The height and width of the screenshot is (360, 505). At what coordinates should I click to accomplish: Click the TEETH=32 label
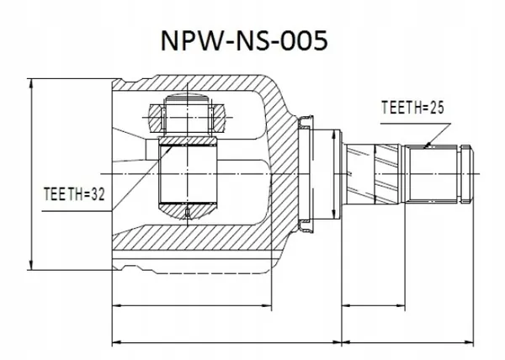(x=73, y=195)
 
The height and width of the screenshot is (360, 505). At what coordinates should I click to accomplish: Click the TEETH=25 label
(x=412, y=107)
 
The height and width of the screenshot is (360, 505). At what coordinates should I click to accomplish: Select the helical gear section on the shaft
(x=379, y=170)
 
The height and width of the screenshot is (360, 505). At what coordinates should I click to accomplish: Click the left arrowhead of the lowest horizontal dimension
(x=115, y=342)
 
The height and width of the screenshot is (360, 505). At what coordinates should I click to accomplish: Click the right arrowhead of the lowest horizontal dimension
(x=472, y=342)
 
